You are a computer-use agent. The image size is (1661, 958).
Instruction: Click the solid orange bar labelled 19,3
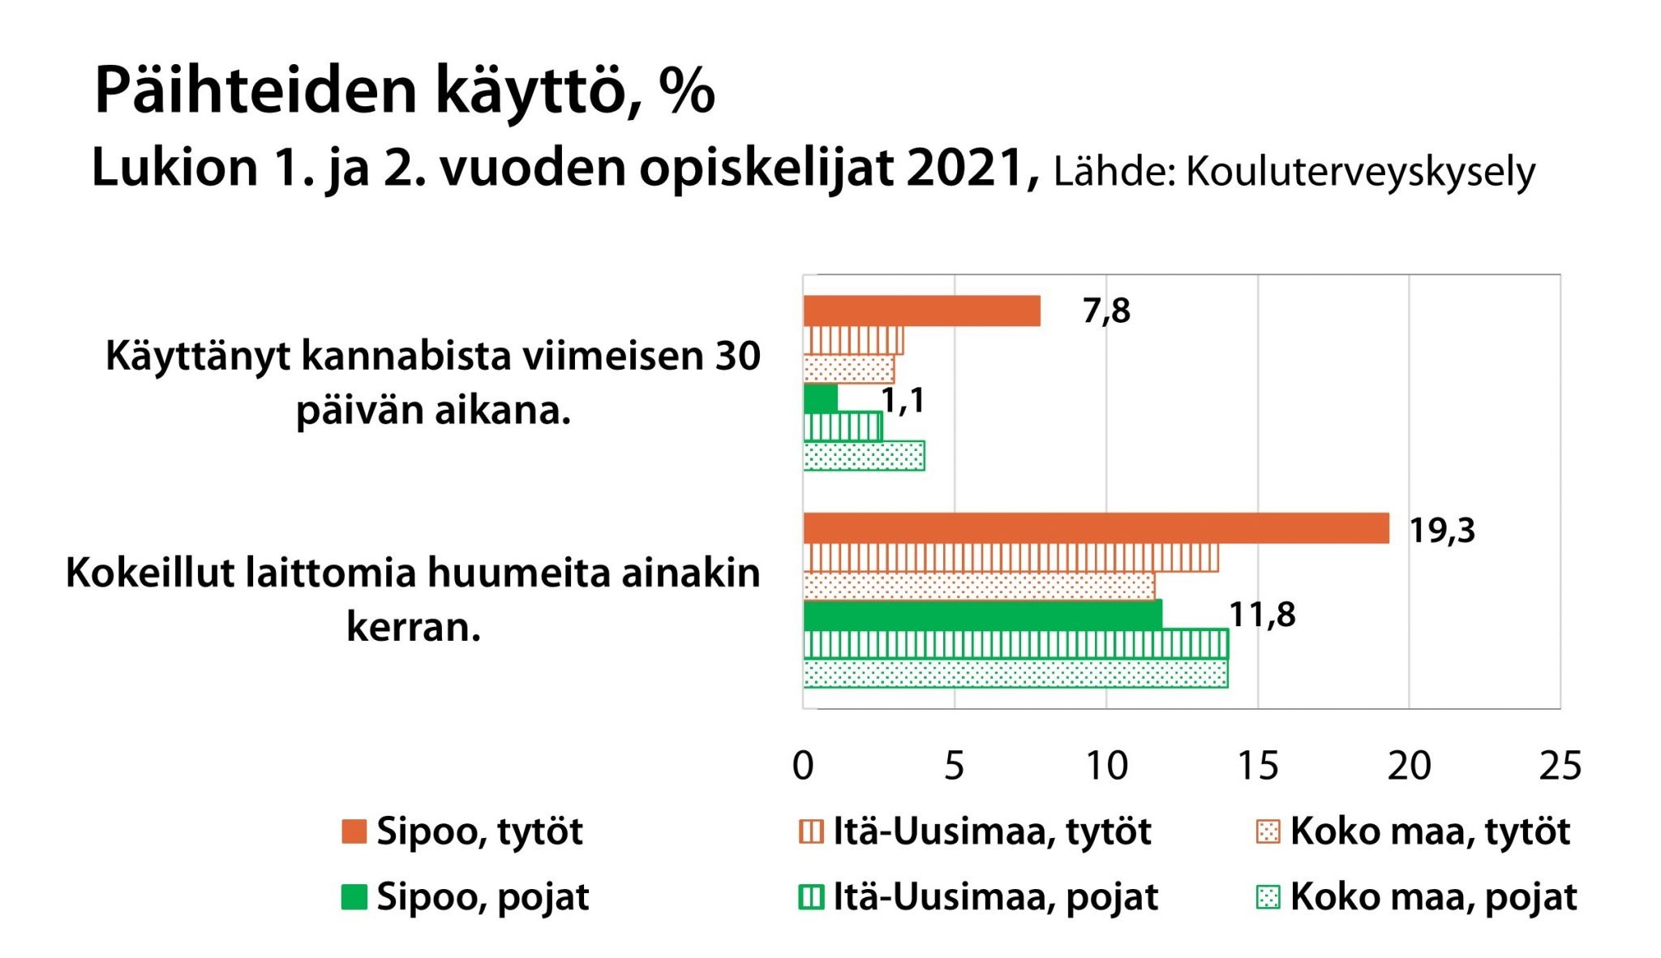tap(1095, 528)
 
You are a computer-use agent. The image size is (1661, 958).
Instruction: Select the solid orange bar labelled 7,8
tap(921, 311)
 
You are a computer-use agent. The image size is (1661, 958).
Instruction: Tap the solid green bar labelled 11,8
tap(981, 614)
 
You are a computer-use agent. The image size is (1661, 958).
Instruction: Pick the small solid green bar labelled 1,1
tap(820, 398)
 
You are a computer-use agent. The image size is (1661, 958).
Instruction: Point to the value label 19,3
tap(1441, 531)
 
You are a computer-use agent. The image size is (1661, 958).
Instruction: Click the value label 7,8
tap(1106, 311)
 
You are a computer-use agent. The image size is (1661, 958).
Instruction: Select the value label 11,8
tap(1262, 615)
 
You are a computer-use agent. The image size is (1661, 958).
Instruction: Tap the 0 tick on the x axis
tap(803, 766)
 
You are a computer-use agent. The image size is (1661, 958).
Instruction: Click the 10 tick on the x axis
tap(1106, 766)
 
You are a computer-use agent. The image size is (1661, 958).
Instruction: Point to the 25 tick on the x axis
tap(1560, 766)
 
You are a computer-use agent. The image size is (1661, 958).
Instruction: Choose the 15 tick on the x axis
tap(1258, 766)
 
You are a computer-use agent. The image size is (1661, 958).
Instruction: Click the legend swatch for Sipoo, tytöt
tap(354, 831)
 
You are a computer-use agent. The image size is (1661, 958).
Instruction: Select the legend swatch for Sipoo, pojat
tap(354, 897)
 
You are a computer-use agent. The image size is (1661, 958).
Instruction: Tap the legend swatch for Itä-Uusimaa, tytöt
tap(811, 831)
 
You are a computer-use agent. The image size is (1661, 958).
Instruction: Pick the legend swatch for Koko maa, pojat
tap(1268, 897)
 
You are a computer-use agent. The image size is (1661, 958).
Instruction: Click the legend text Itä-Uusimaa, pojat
tap(996, 897)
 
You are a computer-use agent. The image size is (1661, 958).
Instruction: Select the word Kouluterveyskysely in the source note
tap(1361, 172)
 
